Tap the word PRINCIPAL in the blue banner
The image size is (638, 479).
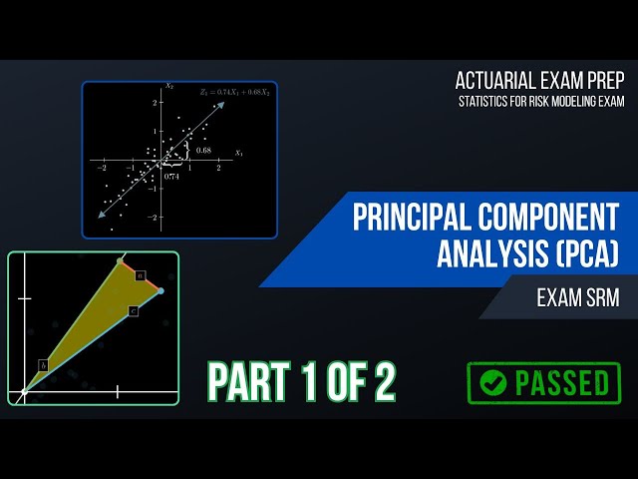419,218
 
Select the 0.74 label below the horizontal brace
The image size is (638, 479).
171,175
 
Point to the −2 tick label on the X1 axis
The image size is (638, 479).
102,170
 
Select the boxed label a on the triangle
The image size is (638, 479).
141,274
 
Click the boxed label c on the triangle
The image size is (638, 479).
133,311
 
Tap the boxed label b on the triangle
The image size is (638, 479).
43,365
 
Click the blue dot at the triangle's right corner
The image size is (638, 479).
160,291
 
